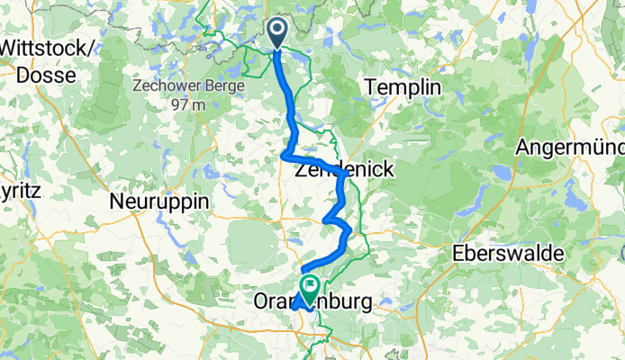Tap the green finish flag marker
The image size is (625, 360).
click(311, 289)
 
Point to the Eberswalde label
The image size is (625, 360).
click(511, 252)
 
